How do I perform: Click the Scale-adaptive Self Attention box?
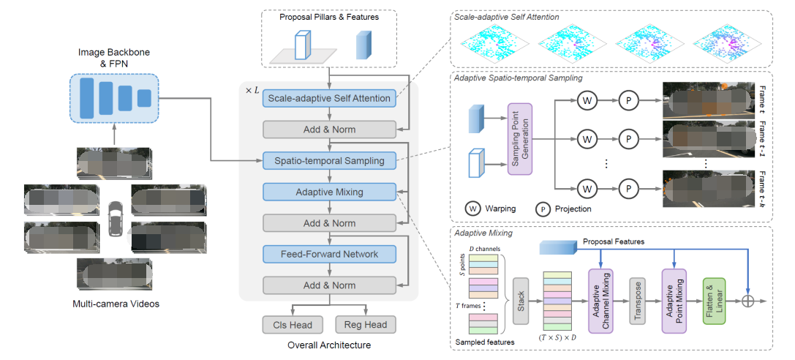click(x=328, y=98)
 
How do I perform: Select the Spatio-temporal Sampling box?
click(x=328, y=160)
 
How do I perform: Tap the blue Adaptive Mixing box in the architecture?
click(x=328, y=192)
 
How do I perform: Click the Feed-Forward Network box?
click(x=328, y=254)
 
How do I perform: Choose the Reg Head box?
click(x=366, y=324)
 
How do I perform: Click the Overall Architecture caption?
click(x=328, y=345)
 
